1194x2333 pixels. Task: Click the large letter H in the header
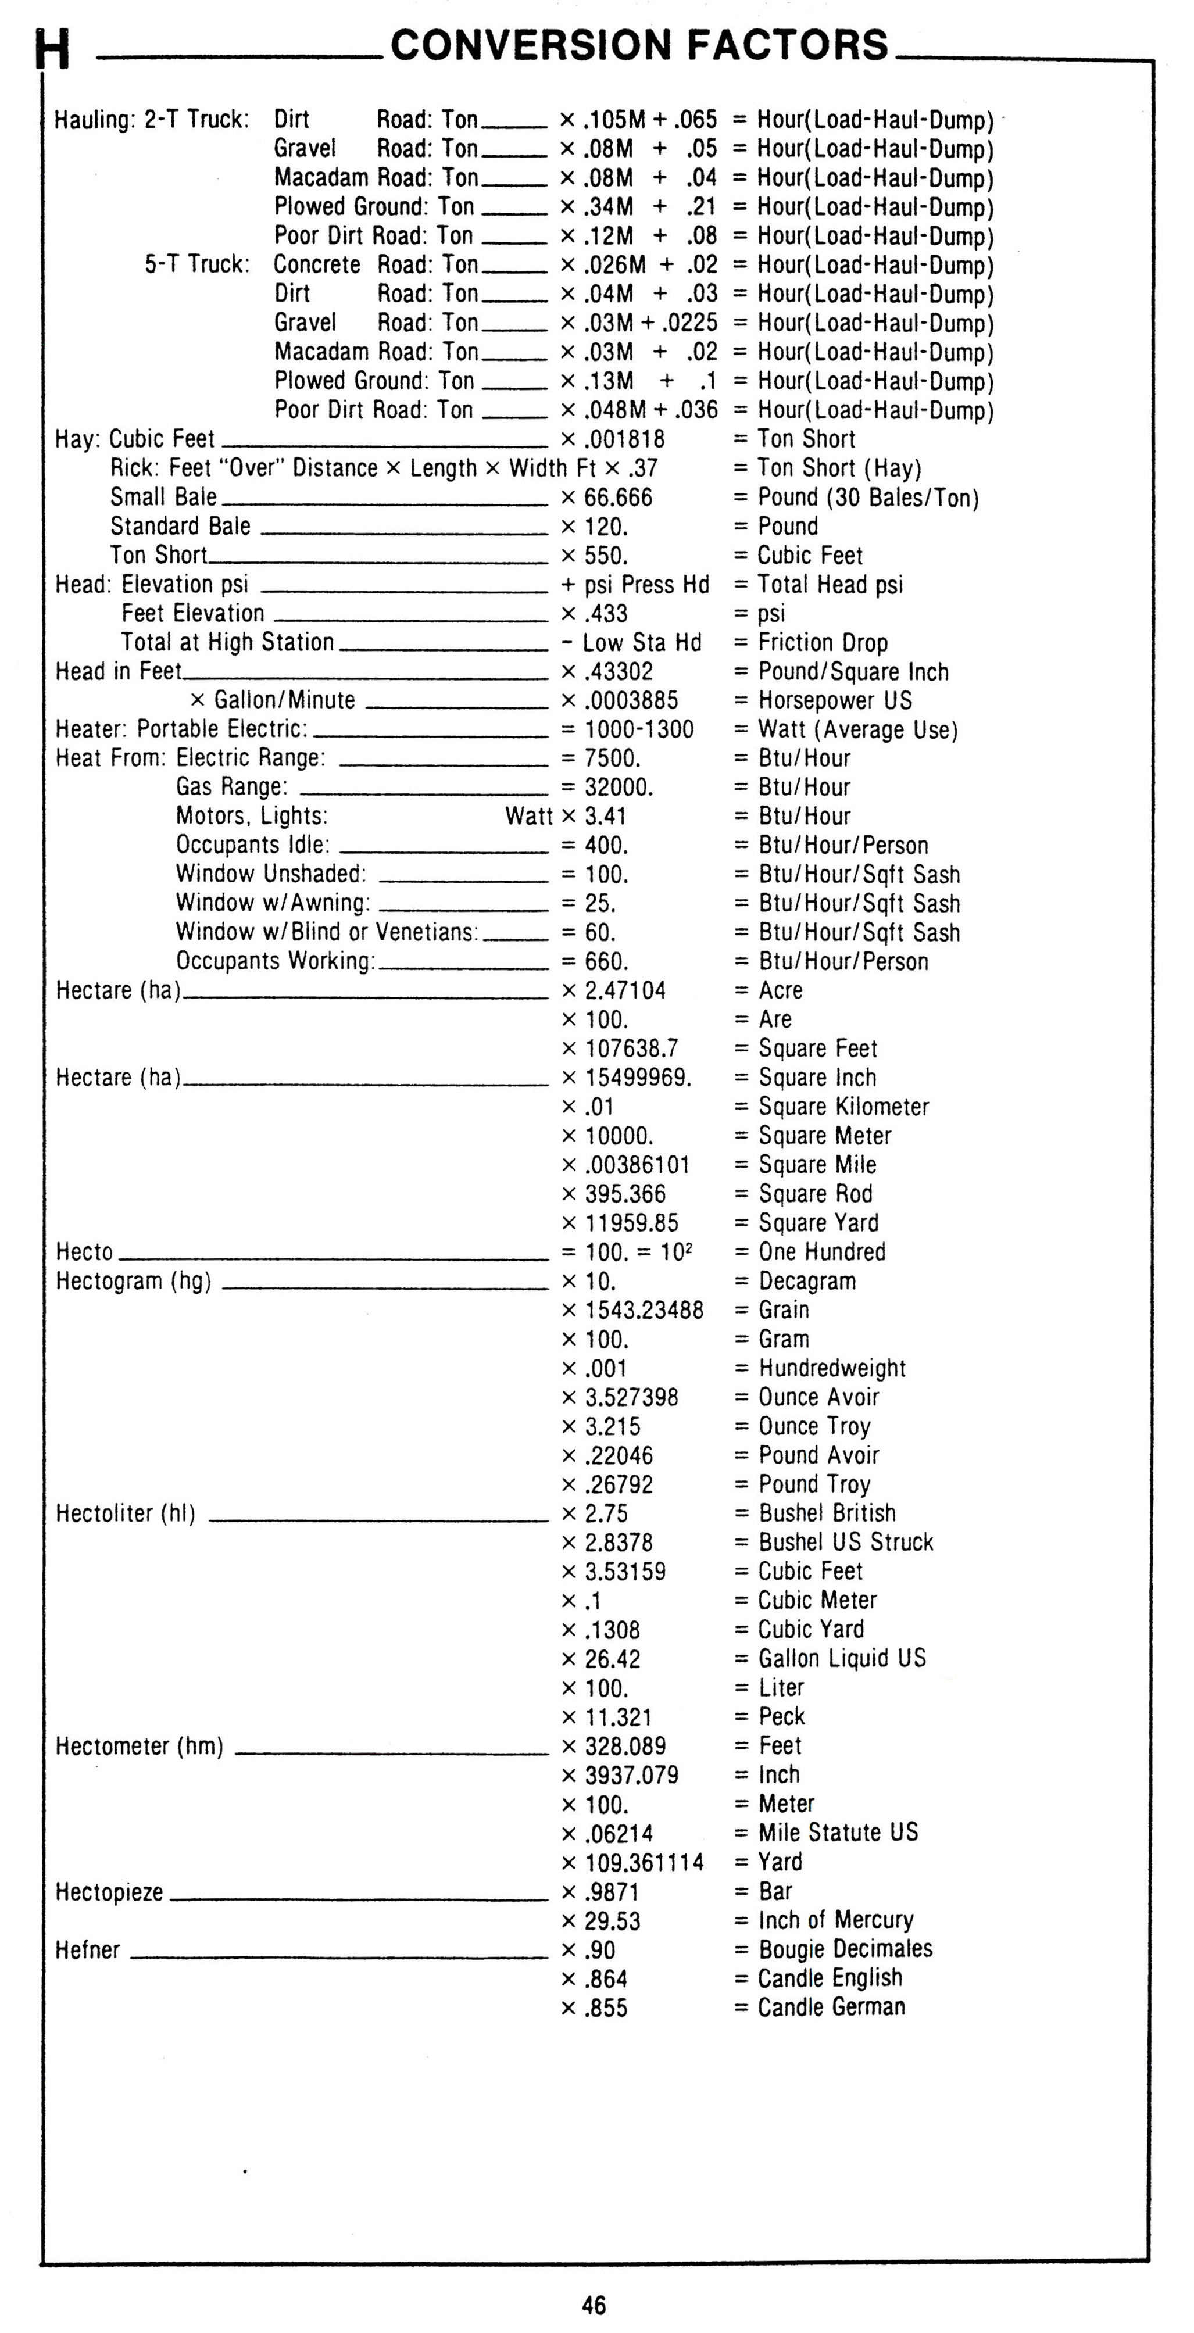coord(52,50)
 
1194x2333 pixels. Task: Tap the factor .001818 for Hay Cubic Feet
coord(624,439)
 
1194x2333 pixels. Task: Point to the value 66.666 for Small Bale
coord(618,497)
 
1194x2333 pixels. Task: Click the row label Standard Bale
coord(180,526)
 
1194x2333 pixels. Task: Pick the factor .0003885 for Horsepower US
coord(631,700)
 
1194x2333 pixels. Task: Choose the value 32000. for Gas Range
coord(619,787)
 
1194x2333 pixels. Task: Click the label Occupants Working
coord(276,961)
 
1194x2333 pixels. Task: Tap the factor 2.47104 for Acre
coord(625,990)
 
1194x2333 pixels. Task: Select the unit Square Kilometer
coord(843,1107)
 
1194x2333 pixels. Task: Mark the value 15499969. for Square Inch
coord(638,1078)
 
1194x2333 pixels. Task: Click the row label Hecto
coord(84,1251)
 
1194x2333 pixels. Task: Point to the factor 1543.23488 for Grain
coord(643,1309)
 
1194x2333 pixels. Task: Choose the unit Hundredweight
coord(832,1368)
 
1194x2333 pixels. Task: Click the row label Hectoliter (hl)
coord(125,1513)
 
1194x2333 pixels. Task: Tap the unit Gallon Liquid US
coord(842,1658)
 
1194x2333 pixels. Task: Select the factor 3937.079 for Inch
coord(631,1774)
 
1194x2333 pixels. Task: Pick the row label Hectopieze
coord(109,1892)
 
